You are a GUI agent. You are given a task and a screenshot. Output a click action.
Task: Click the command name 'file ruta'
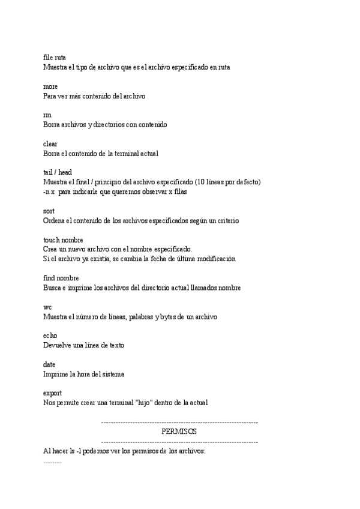point(55,58)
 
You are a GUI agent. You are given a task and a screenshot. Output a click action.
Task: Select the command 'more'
point(50,86)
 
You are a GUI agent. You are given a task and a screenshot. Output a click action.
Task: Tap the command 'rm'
point(47,115)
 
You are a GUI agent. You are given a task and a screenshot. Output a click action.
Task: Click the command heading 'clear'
point(51,144)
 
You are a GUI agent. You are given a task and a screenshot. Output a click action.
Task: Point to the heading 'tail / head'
point(58,172)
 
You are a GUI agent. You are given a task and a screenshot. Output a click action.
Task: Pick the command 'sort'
point(49,211)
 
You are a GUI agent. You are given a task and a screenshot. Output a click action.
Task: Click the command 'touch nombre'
point(63,239)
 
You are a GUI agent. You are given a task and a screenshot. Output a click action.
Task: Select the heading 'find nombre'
point(61,279)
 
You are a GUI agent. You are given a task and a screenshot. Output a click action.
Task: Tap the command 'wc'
point(47,307)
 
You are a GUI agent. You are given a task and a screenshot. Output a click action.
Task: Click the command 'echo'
point(50,336)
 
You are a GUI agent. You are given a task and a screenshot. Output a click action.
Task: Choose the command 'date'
point(49,364)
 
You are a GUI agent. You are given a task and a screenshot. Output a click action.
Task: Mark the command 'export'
point(53,393)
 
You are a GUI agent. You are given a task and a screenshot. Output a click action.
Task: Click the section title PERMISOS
point(179,432)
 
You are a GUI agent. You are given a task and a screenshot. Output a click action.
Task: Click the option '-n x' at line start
point(49,191)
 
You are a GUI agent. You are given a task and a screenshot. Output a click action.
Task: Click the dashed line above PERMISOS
point(180,423)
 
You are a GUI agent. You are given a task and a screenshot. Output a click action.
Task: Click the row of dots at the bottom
point(52,462)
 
